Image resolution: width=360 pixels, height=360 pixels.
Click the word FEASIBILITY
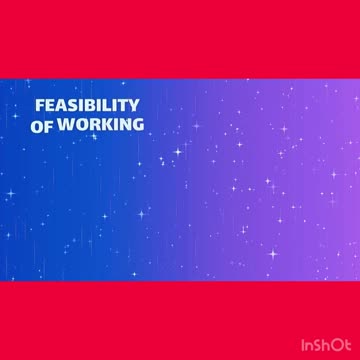pyautogui.click(x=87, y=106)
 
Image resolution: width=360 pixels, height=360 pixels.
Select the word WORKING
pyautogui.click(x=100, y=126)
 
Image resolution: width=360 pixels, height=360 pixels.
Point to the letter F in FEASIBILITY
pyautogui.click(x=39, y=106)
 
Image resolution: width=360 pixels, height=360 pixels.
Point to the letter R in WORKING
pyautogui.click(x=90, y=126)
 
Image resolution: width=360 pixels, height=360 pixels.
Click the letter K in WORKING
pyautogui.click(x=102, y=126)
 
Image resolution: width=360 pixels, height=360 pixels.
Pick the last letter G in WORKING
pyautogui.click(x=137, y=126)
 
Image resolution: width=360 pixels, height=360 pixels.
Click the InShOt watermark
pyautogui.click(x=327, y=343)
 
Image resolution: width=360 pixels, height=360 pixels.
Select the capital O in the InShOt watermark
pyautogui.click(x=339, y=343)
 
